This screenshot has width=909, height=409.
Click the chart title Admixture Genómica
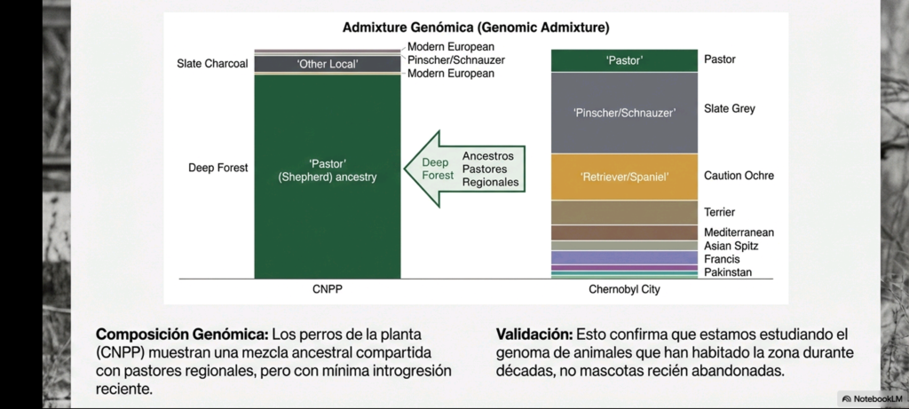476,28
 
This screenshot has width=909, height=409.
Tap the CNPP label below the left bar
327,289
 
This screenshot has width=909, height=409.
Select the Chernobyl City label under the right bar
624,289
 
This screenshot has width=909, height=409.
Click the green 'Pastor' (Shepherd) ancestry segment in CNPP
327,177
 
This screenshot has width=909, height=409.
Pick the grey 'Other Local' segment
327,64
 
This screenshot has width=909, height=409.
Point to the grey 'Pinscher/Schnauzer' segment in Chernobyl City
624,113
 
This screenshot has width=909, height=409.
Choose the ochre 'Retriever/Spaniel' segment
624,177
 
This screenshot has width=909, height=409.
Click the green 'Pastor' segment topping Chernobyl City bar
624,60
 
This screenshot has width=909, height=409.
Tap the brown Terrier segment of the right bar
624,212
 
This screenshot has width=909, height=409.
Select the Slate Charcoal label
212,64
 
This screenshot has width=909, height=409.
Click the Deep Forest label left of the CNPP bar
217,167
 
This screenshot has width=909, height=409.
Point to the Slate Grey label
730,109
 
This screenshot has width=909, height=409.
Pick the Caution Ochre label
739,176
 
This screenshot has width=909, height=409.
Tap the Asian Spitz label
731,246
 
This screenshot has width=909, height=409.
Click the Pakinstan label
728,272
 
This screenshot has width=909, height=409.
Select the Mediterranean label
739,232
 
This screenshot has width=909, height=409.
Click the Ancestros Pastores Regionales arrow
462,169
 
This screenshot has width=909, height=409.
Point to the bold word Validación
534,335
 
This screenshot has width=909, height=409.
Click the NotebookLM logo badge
869,399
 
